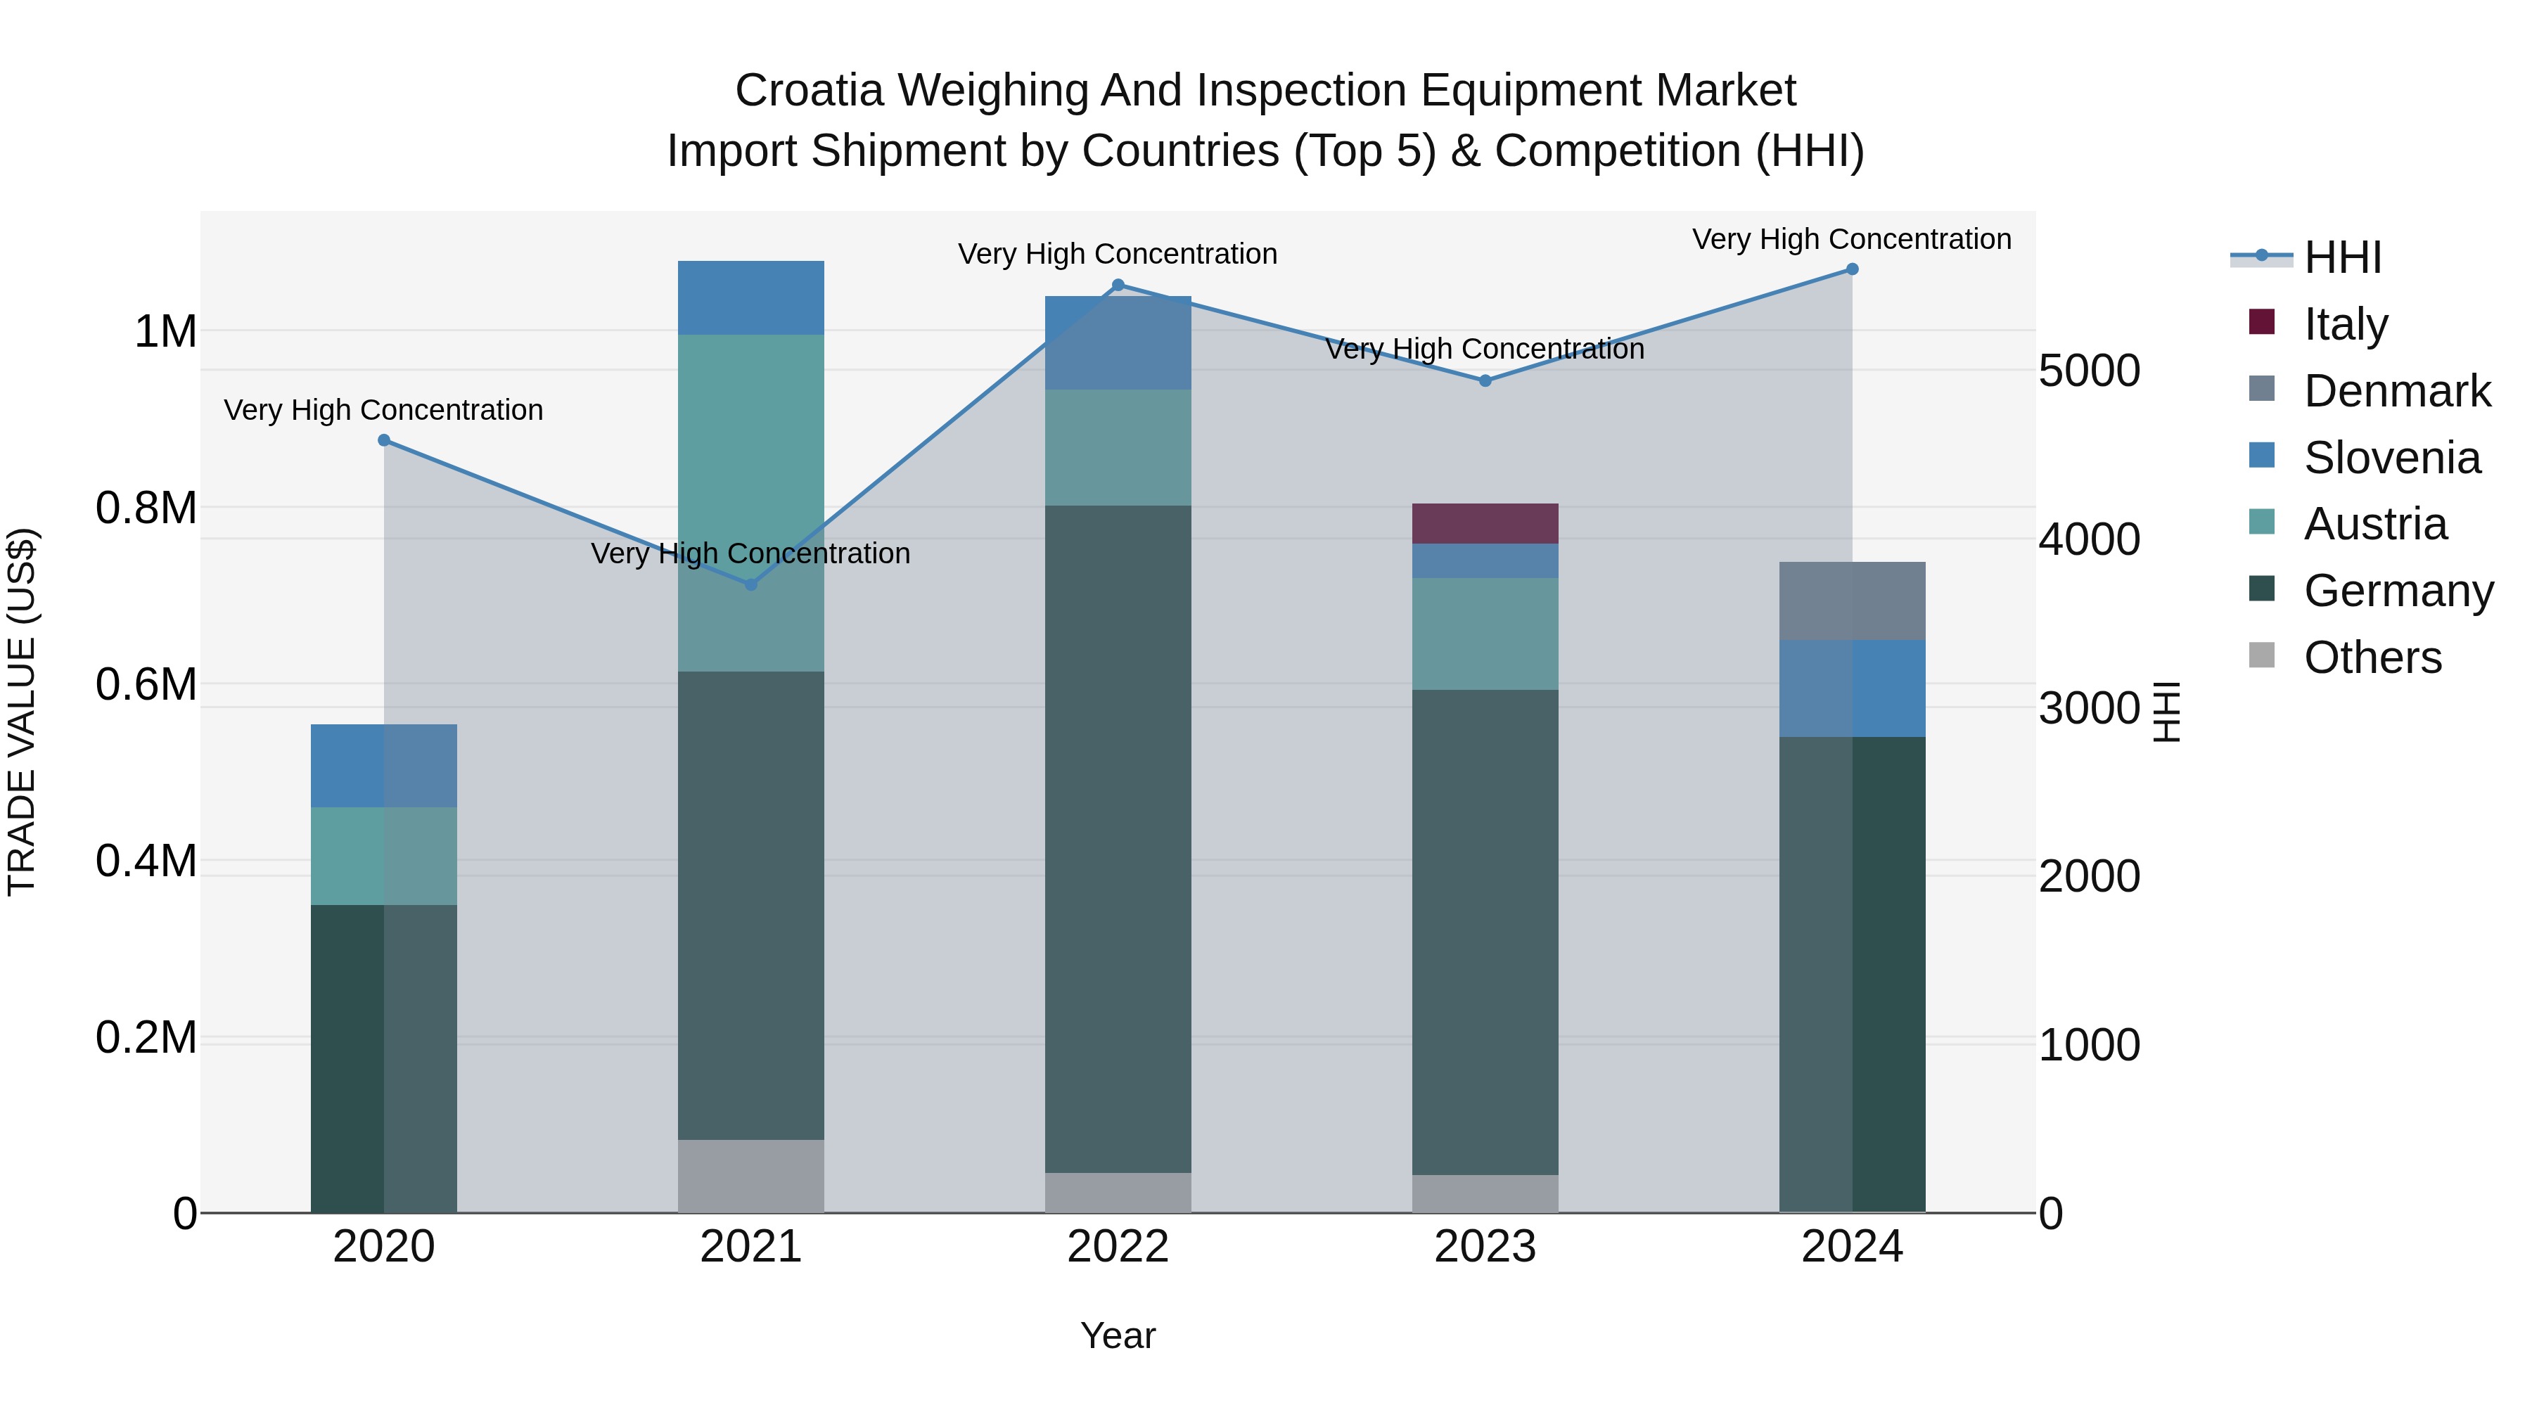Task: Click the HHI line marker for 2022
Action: pyautogui.click(x=1118, y=285)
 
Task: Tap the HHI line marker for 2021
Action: pyautogui.click(x=751, y=585)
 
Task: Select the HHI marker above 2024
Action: pyautogui.click(x=1852, y=269)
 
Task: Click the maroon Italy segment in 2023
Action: pyautogui.click(x=1485, y=524)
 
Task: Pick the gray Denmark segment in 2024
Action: pyautogui.click(x=1852, y=601)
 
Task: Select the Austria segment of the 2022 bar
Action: pyautogui.click(x=1118, y=447)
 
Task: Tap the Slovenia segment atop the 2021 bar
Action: pyautogui.click(x=751, y=297)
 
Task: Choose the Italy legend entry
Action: pyautogui.click(x=2345, y=324)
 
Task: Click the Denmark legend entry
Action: pyautogui.click(x=2396, y=391)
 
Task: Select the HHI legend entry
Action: pyautogui.click(x=2342, y=257)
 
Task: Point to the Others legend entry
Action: pyautogui.click(x=2372, y=658)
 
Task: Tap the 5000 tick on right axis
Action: pyautogui.click(x=2089, y=371)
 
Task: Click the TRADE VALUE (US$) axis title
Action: pyautogui.click(x=23, y=712)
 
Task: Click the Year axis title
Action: pyautogui.click(x=1118, y=1335)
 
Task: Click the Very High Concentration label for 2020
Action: pyautogui.click(x=383, y=410)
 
